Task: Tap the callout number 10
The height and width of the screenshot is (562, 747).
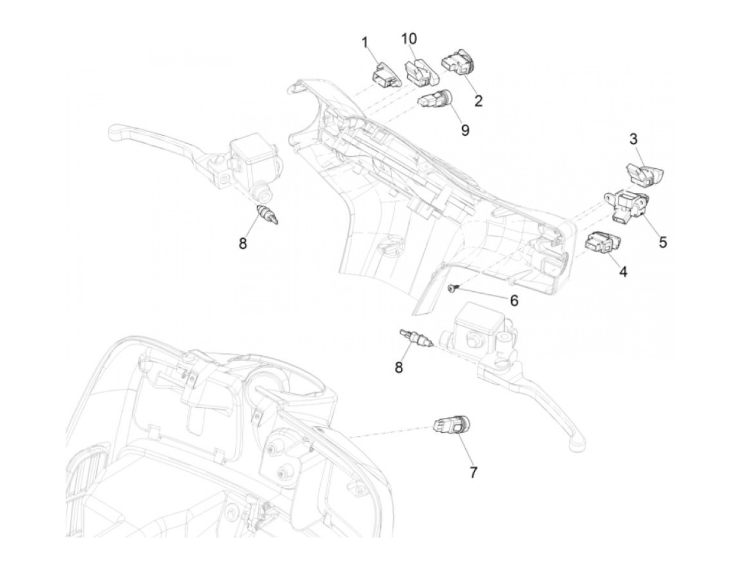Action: (x=410, y=39)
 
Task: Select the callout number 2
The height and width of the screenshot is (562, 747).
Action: (x=478, y=100)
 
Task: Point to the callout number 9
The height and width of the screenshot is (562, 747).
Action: (x=465, y=130)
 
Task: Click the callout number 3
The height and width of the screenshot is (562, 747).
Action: (x=633, y=140)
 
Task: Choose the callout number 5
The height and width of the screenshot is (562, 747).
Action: (x=663, y=242)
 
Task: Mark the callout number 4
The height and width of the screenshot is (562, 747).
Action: (x=623, y=272)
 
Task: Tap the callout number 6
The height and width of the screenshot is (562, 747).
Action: (x=514, y=301)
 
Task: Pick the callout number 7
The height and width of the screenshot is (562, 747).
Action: (x=473, y=472)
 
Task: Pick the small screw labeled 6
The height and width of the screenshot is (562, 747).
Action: (x=451, y=288)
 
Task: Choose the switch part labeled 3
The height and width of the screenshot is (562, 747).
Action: (x=644, y=175)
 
